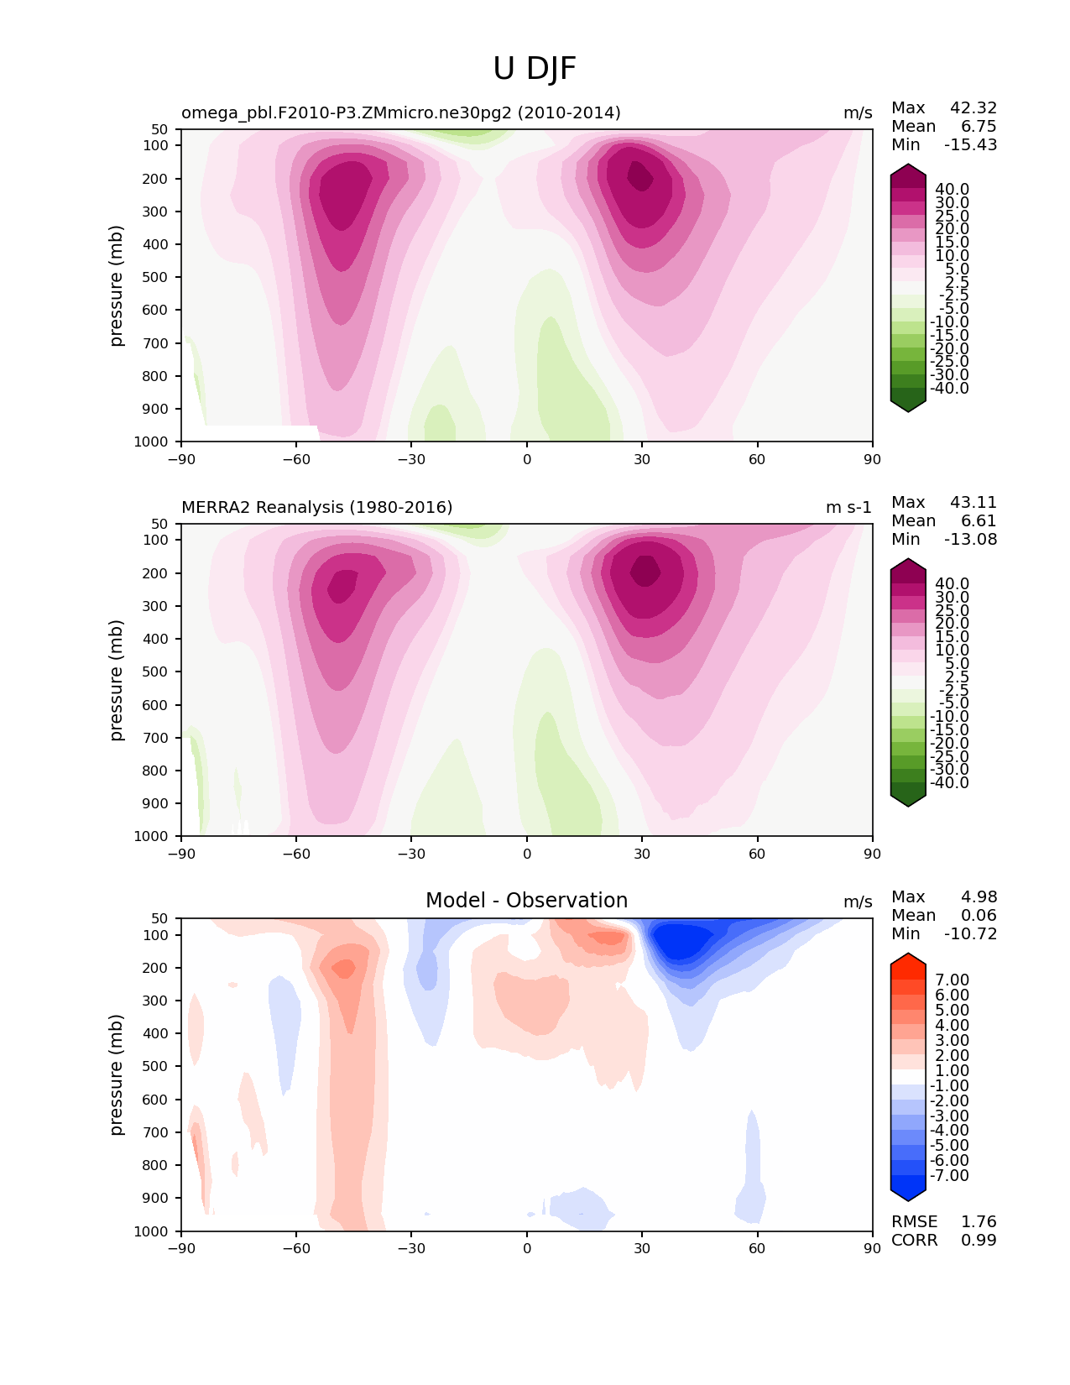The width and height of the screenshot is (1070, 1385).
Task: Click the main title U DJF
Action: click(535, 69)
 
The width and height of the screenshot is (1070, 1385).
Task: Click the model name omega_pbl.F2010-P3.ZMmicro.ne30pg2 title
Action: click(400, 112)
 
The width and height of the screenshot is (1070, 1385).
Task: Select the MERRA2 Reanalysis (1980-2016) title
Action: click(316, 507)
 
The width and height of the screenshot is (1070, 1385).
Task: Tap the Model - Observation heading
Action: click(526, 901)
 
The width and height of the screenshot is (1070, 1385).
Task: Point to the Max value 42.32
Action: click(973, 107)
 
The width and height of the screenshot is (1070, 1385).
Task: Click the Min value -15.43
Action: click(971, 144)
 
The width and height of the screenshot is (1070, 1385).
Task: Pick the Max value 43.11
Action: click(973, 502)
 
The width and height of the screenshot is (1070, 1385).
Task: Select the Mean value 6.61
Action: click(979, 520)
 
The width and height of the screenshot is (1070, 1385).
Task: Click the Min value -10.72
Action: click(971, 933)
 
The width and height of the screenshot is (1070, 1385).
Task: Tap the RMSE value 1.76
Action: click(979, 1221)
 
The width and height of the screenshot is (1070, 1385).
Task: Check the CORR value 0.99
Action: click(979, 1240)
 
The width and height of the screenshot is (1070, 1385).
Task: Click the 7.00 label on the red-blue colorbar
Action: click(952, 980)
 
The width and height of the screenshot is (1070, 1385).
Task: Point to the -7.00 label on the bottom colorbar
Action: click(949, 1175)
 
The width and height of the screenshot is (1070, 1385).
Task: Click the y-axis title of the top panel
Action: click(117, 285)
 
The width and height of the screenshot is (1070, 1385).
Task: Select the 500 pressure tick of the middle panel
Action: click(157, 672)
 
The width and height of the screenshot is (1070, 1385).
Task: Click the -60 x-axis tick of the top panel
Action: click(296, 459)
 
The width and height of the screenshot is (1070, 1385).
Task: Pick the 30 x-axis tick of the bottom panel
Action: click(642, 1248)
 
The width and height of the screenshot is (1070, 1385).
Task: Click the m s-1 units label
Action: click(848, 507)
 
